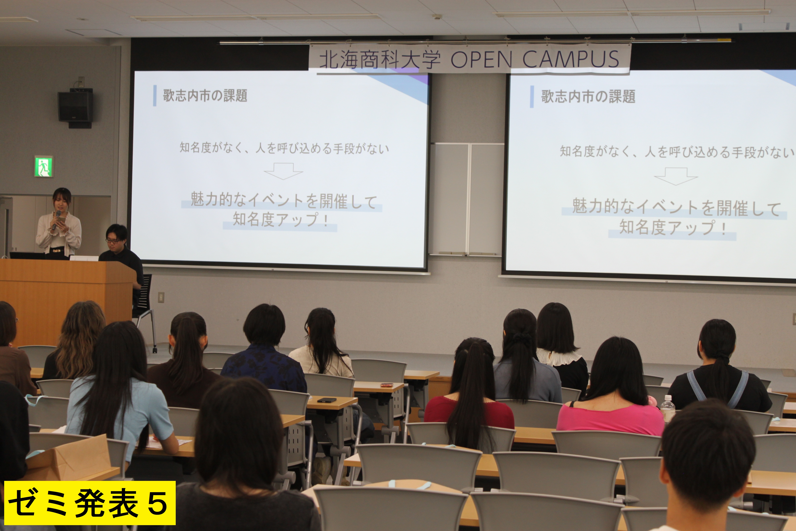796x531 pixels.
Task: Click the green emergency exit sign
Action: (x=44, y=166)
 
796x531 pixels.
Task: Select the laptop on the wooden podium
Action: (x=27, y=255)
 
